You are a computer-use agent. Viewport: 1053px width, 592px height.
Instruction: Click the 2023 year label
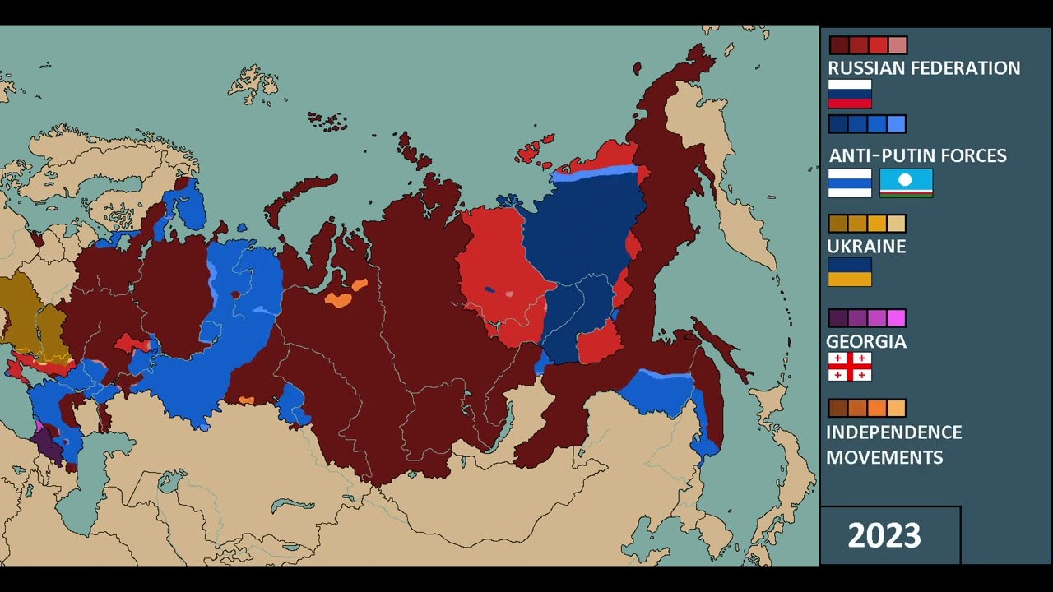(884, 536)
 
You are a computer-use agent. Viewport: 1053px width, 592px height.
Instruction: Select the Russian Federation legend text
(924, 68)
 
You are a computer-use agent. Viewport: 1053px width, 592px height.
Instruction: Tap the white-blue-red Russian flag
(849, 94)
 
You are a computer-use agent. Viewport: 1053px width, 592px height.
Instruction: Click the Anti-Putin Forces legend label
(917, 155)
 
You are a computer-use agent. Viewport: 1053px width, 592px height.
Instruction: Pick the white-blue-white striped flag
(849, 183)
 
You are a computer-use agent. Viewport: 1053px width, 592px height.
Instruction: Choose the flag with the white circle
(906, 183)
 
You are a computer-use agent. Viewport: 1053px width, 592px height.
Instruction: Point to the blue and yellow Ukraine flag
(849, 272)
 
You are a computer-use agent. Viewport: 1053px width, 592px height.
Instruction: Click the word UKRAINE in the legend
(866, 247)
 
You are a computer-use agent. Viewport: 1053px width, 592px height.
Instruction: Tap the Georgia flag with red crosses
(849, 367)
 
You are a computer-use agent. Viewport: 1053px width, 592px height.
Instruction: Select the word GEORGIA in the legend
(866, 341)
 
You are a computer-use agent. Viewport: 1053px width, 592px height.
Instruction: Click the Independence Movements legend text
(893, 444)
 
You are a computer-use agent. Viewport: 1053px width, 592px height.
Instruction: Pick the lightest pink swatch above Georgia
(896, 318)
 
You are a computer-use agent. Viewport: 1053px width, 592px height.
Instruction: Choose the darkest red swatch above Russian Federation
(838, 45)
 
